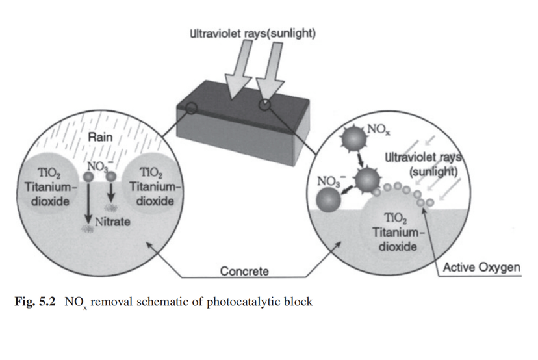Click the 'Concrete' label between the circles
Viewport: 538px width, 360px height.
click(x=244, y=270)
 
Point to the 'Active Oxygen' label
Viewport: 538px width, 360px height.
click(x=481, y=267)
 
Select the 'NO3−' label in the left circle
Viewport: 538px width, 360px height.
click(x=99, y=164)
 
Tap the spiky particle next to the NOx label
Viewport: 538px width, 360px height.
click(x=353, y=139)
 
